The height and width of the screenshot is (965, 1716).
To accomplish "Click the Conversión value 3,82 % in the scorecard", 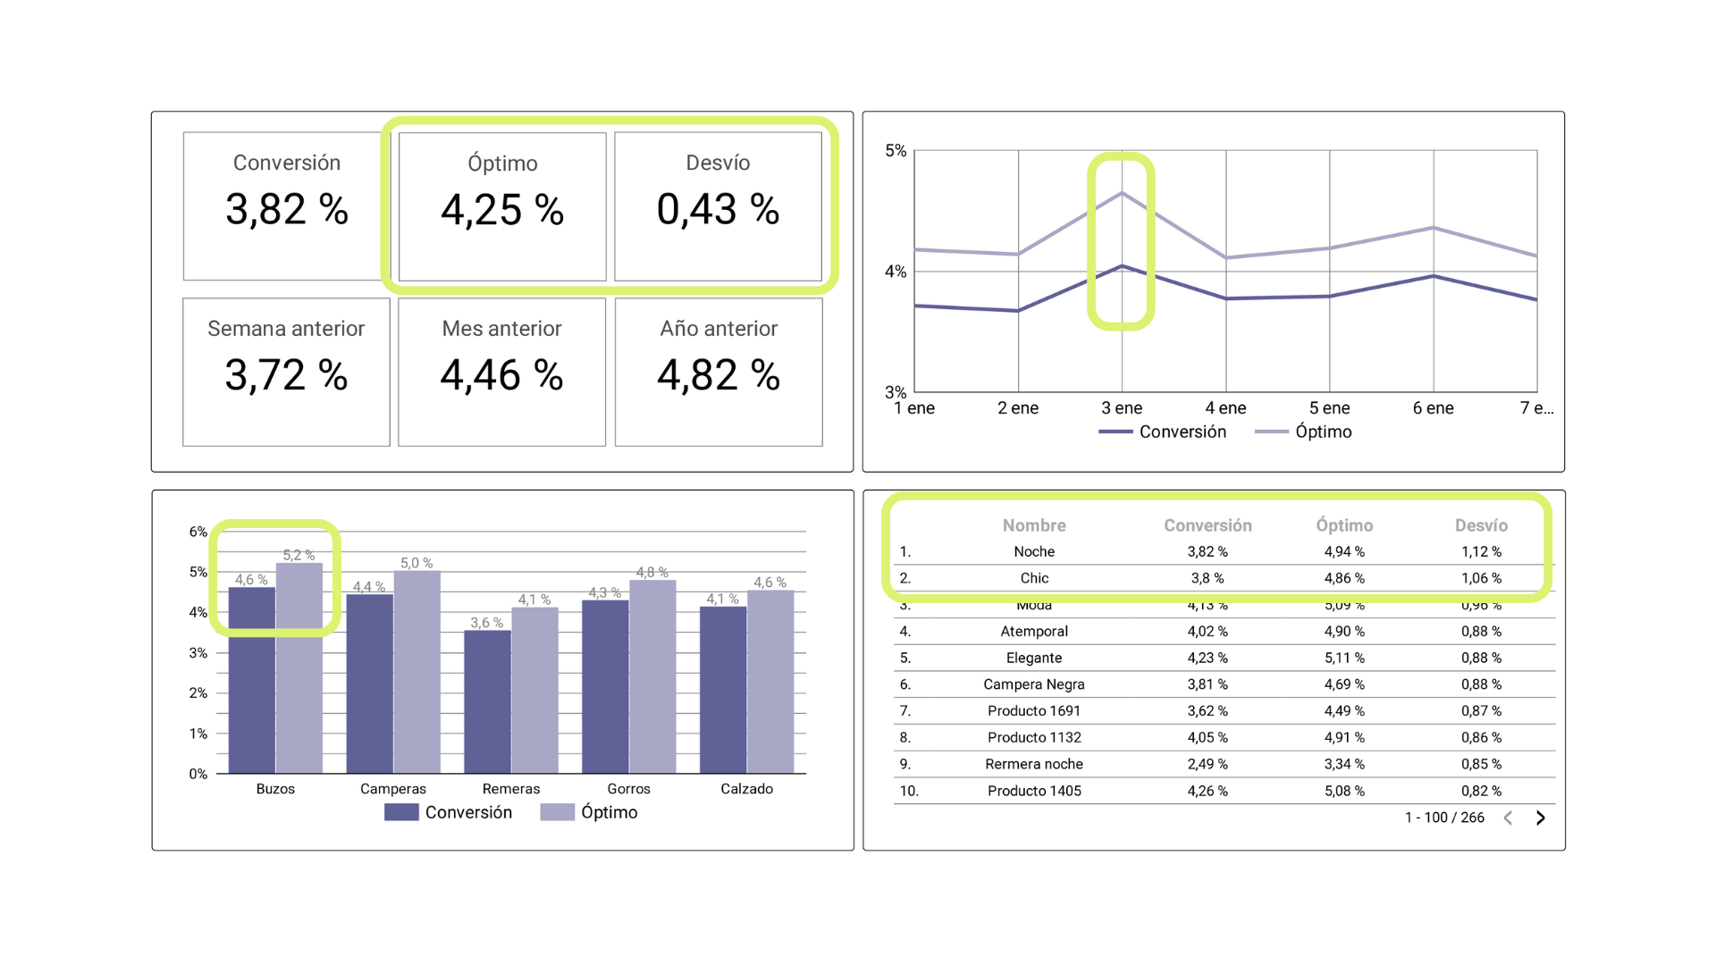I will [x=286, y=210].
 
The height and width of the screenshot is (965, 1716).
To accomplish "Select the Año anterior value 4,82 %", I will [x=719, y=375].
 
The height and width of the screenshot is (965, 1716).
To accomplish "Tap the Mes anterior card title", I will [x=501, y=329].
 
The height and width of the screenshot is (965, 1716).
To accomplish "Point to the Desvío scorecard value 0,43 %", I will [x=718, y=210].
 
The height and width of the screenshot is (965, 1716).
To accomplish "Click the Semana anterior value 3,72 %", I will [x=286, y=375].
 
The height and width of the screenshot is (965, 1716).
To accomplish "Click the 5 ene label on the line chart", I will [x=1329, y=408].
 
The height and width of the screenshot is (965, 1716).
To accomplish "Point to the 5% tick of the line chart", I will [x=896, y=151].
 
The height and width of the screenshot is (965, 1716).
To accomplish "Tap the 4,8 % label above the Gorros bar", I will [x=652, y=572].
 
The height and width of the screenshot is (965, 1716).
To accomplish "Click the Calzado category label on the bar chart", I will [x=746, y=789].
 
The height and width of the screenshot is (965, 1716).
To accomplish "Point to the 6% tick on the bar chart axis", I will [x=198, y=532].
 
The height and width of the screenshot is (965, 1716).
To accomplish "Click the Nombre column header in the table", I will [x=1034, y=525].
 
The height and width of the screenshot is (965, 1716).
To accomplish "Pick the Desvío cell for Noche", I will [x=1481, y=552].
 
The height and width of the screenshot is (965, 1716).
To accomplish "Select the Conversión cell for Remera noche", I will [x=1207, y=764].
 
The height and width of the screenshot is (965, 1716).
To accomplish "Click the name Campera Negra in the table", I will [x=1034, y=684].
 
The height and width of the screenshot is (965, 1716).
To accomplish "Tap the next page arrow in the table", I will [x=1540, y=818].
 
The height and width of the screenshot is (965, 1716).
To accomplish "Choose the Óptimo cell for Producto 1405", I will [x=1344, y=791].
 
